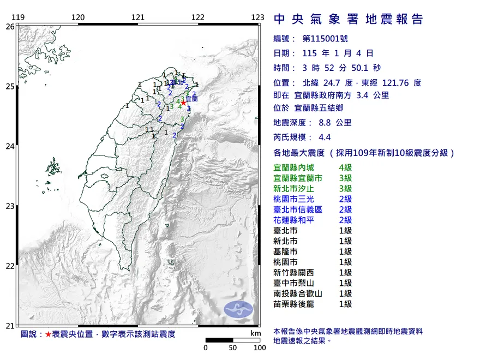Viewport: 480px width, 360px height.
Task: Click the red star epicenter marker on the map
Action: point(184,101)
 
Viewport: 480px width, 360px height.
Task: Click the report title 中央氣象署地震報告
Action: point(348,20)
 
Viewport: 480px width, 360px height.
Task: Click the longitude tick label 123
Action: point(258,17)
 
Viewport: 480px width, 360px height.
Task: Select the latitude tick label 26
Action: point(9,26)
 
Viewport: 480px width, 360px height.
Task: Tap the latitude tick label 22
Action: point(9,266)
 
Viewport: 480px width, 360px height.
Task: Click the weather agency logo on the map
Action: point(238,308)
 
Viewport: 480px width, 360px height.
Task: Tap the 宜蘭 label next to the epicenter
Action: point(192,100)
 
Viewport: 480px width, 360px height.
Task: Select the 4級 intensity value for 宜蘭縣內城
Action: point(345,168)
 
